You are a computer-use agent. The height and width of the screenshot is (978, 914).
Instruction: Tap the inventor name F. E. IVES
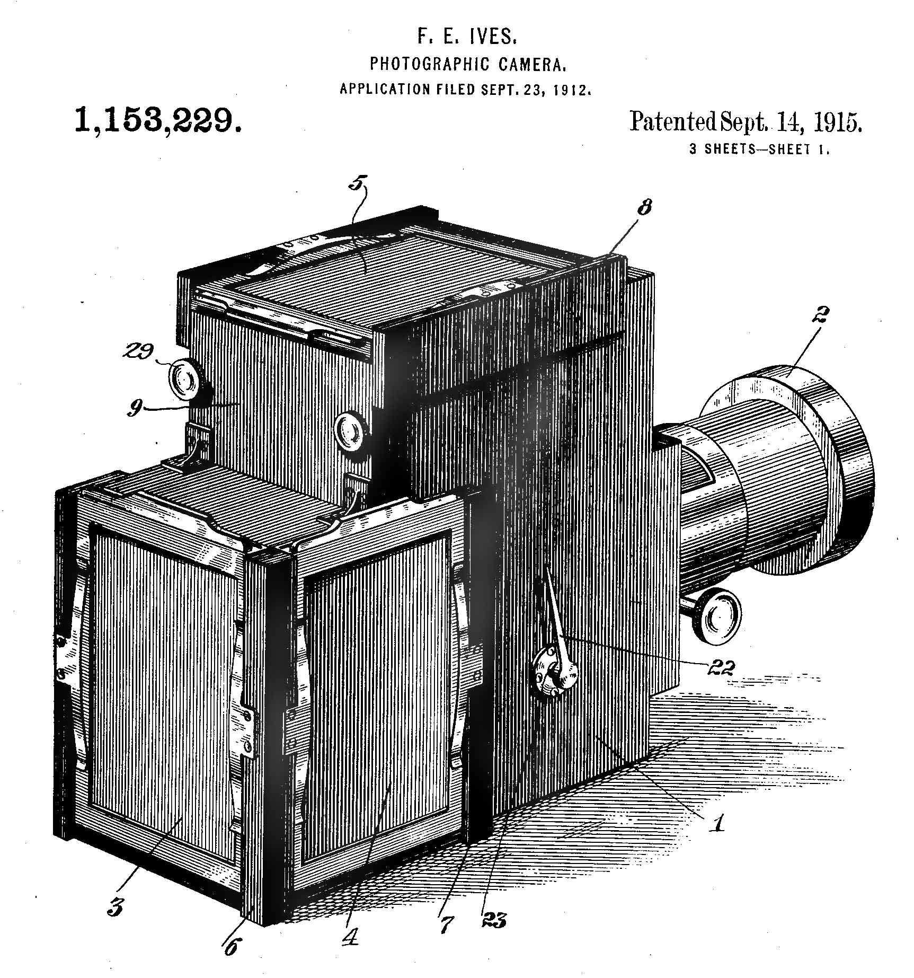coord(467,37)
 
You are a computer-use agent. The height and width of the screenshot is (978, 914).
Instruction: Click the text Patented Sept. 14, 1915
coord(745,122)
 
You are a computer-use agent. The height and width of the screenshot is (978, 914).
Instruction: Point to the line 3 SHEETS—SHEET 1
coord(759,149)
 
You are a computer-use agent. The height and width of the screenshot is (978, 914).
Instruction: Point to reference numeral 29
coord(139,351)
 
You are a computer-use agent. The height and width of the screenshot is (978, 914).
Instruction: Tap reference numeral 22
coord(721,668)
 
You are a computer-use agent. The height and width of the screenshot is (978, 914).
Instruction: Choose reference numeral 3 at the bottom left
coord(115,907)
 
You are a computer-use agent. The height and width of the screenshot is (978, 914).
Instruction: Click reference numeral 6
coord(231,946)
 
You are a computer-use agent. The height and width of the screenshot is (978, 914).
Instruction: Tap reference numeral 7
coord(447,923)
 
